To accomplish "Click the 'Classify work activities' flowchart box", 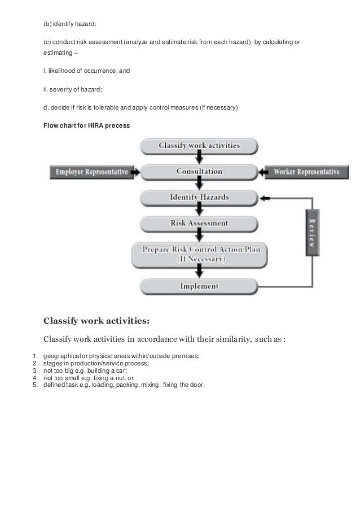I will (199, 146).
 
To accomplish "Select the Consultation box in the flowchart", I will (199, 171).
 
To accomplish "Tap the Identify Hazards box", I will (199, 198).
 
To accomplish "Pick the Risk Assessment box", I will (199, 223).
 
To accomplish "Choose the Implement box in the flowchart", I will (199, 286).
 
